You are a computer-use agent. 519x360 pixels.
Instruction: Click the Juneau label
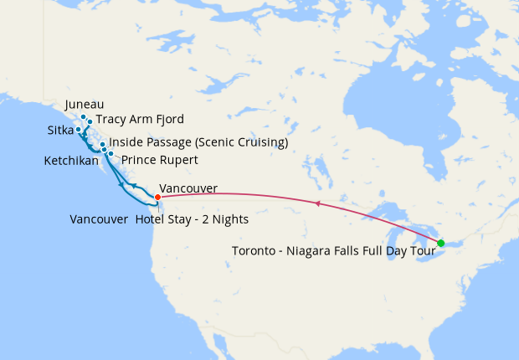click(x=83, y=105)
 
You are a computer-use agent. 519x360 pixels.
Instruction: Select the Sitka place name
click(x=60, y=131)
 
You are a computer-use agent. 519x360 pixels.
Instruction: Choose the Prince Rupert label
click(x=160, y=159)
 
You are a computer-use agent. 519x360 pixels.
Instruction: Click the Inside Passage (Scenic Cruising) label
click(x=198, y=143)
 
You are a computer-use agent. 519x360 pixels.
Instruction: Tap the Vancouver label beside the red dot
click(x=188, y=188)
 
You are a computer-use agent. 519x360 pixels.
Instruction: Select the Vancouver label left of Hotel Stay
click(x=99, y=220)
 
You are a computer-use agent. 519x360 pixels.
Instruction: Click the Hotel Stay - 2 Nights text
click(x=192, y=220)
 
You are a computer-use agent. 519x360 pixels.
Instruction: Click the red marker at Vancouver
click(x=158, y=197)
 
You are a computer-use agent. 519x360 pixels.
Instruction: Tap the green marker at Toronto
click(x=441, y=243)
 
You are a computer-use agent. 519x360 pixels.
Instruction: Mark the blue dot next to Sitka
click(x=78, y=129)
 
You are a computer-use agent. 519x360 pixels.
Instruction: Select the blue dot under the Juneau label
click(x=84, y=117)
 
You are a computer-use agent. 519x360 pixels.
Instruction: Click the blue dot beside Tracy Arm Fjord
click(x=90, y=121)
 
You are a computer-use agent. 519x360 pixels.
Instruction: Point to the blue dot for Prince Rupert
click(x=110, y=154)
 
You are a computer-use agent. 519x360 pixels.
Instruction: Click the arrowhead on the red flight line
click(x=316, y=203)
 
